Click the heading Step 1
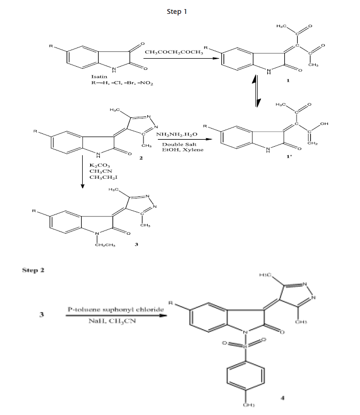tap(177, 11)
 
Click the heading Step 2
tap(33, 270)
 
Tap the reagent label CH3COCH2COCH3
tap(171, 52)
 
